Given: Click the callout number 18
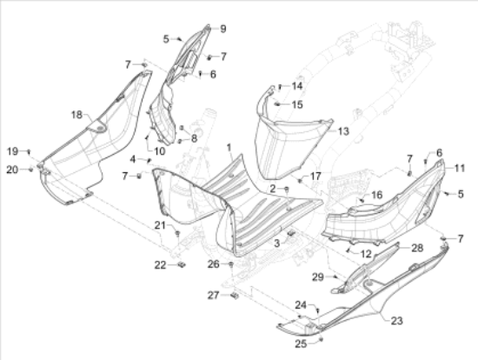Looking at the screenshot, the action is (x=76, y=115).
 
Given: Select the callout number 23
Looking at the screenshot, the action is (x=397, y=321).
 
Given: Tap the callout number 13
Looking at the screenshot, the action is (x=343, y=131).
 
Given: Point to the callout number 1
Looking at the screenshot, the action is (x=229, y=148).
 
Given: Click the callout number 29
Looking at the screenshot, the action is (x=317, y=277).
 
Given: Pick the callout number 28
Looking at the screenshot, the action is (x=417, y=248).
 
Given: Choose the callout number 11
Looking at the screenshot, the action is (x=460, y=168).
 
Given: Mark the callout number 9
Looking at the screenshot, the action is (x=223, y=29).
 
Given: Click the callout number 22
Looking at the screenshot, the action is (x=161, y=265).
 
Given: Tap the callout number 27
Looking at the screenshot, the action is (x=214, y=295).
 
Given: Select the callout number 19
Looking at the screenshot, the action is (x=12, y=151).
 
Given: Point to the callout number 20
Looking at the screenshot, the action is (x=12, y=170).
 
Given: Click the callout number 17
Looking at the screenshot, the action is (x=315, y=176).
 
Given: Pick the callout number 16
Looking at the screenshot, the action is (x=377, y=195).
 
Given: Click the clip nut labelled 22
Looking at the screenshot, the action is (x=182, y=264).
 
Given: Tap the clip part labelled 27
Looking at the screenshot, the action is (x=235, y=296).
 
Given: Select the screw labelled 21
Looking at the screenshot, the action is (x=177, y=234).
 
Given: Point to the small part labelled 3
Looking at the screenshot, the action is (x=292, y=233).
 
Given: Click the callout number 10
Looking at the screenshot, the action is (x=159, y=151).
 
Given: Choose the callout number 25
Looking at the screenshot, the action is (x=301, y=343).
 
